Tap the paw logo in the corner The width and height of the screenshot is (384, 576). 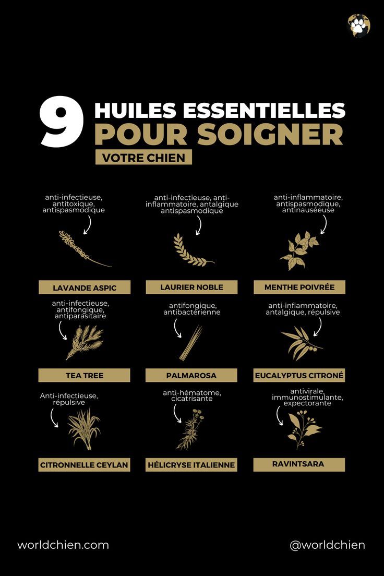click(359, 25)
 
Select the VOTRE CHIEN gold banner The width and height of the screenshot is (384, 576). click(143, 158)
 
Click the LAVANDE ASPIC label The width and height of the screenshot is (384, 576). click(85, 287)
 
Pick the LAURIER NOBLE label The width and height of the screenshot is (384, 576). click(191, 287)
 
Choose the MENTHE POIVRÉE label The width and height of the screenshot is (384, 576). click(299, 287)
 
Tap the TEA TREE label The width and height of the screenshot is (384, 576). click(85, 375)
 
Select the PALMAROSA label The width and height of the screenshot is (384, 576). click(191, 375)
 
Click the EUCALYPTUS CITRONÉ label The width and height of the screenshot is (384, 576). click(299, 375)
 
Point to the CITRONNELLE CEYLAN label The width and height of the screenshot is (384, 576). click(85, 464)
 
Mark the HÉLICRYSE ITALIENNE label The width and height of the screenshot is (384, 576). click(191, 464)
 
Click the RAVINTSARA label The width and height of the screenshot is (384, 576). click(299, 464)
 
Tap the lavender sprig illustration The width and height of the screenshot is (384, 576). click(83, 249)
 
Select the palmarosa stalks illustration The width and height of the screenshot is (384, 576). click(191, 343)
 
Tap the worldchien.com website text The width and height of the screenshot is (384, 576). click(63, 545)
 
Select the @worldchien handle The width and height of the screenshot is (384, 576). click(327, 545)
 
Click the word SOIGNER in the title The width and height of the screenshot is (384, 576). click(270, 134)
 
